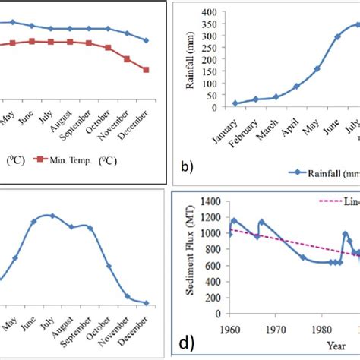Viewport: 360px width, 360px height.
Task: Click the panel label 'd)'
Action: pos(185,343)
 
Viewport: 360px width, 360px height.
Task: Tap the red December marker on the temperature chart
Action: pos(146,70)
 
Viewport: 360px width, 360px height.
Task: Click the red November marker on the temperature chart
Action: pos(127,59)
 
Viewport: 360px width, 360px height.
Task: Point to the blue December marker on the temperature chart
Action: pos(146,40)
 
